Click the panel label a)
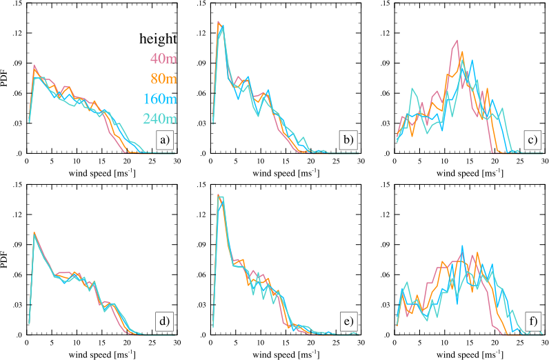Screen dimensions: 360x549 point(164,142)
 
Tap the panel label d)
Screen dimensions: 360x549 point(164,323)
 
